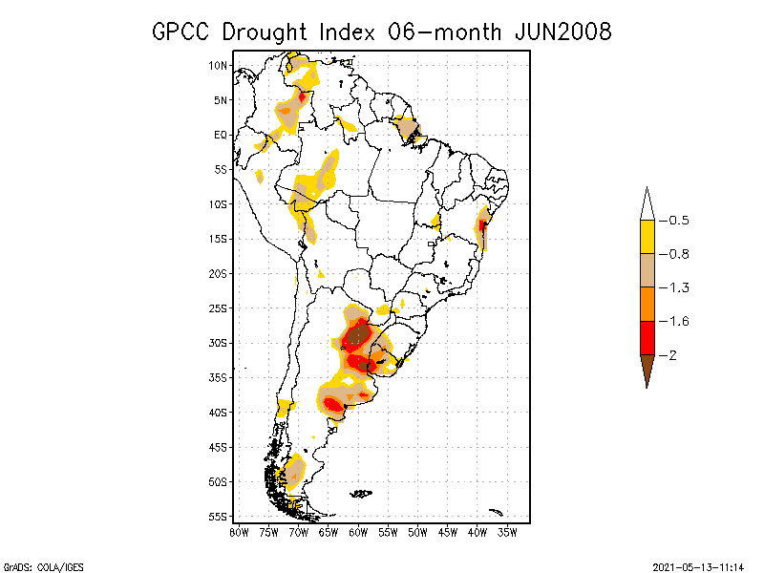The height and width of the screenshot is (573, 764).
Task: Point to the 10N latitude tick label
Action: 218,65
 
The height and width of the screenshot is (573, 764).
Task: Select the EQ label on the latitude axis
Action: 221,135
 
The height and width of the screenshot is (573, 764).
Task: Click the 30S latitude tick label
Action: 218,343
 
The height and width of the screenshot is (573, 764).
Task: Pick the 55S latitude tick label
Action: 218,517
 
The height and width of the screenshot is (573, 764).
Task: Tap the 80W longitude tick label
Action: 239,532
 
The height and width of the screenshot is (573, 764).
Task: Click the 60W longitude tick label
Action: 358,532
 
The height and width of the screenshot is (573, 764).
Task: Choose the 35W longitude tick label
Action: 507,532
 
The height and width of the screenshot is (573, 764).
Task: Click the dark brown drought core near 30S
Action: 358,335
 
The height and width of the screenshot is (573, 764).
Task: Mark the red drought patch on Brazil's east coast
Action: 482,226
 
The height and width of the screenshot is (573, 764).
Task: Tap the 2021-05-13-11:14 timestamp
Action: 698,564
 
